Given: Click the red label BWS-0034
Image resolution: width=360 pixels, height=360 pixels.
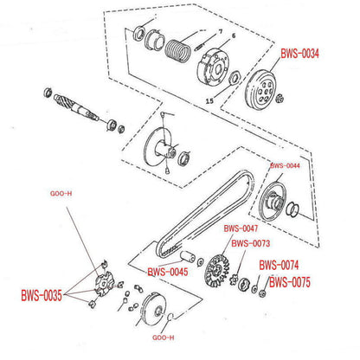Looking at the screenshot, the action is coord(299,54).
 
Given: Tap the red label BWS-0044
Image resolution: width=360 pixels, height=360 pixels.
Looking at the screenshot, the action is coord(285,165).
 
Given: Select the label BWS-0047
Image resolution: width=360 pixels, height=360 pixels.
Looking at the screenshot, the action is coord(241,228).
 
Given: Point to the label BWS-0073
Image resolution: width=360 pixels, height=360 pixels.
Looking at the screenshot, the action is coord(251,243).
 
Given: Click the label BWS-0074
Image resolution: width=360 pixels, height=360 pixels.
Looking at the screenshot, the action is coord(279,265).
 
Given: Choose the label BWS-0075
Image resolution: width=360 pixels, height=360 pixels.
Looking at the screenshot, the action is coord(290,282).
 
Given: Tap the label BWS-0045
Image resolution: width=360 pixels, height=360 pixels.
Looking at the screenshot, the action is coord(168,272).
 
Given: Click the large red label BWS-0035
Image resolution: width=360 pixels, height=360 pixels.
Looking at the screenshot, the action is coord(42,295).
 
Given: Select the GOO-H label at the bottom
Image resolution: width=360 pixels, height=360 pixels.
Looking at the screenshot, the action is coord(164,337).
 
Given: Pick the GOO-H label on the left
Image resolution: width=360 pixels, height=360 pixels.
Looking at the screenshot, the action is coord(61,194).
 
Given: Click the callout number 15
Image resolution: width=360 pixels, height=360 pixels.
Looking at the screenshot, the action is coord(209,100).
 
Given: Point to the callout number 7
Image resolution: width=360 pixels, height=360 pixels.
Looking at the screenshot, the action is coord(221,31).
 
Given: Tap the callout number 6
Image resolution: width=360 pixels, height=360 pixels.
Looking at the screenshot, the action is coord(234,36).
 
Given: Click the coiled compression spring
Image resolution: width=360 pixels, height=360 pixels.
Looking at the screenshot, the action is coord(177,51).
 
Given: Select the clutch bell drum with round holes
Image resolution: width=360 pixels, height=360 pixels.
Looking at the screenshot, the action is coord(261,89).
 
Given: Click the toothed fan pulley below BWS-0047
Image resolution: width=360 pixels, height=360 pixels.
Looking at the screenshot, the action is coord(217,270).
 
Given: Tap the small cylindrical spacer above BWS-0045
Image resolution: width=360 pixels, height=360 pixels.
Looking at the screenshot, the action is coord(188,257).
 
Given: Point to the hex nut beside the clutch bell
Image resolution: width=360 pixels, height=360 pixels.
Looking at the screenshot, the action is coord(279,100).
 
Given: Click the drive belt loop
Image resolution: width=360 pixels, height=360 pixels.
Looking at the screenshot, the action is coord(205,214).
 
